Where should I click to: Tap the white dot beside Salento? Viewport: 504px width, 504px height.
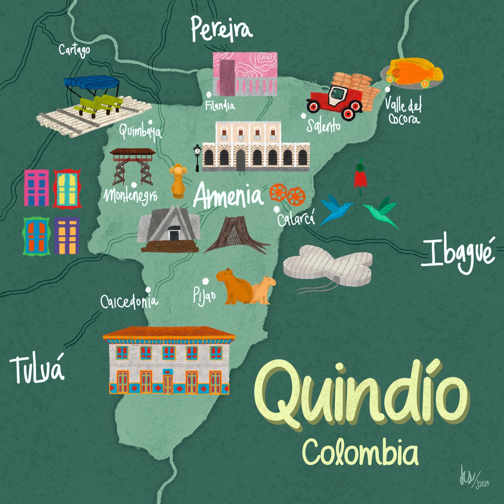pos(303,116)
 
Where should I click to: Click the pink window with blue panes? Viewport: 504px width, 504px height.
pos(36,188)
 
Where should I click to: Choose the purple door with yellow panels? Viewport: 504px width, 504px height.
pos(67,235)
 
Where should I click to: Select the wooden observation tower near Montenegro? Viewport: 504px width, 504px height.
pos(132,166)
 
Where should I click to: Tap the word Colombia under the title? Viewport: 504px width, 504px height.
pos(360,453)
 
